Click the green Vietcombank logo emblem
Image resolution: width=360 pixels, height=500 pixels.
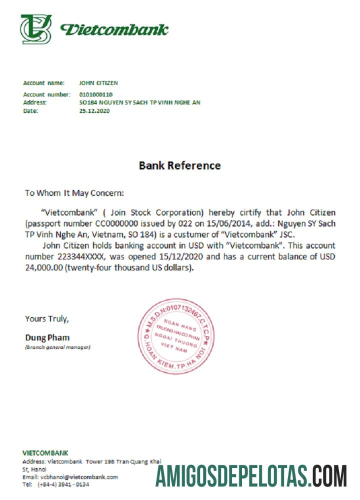(36, 29)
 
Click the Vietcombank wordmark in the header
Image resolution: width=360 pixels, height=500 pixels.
(114, 29)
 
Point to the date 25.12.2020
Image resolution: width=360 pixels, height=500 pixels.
(94, 111)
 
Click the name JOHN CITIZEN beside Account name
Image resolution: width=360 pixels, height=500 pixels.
(98, 83)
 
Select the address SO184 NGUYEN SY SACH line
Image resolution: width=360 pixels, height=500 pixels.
(140, 102)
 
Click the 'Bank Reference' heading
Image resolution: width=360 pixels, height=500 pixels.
(179, 165)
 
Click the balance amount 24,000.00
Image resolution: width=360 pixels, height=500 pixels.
(44, 268)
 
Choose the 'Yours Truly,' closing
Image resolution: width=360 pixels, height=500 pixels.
(47, 318)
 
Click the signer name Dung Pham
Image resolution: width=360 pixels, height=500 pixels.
(47, 337)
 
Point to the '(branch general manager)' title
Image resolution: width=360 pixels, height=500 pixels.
(58, 347)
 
